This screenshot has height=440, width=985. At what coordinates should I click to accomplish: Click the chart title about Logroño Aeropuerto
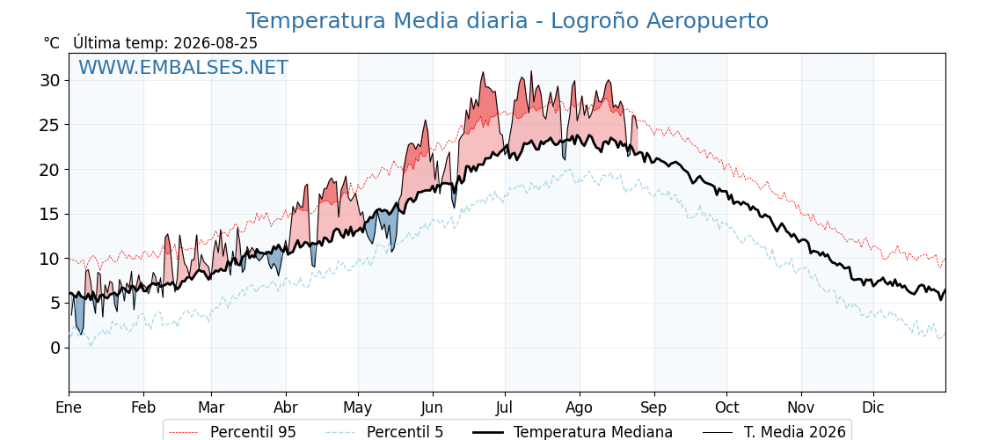pos(507,21)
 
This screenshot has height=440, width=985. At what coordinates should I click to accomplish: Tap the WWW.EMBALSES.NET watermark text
pos(184,67)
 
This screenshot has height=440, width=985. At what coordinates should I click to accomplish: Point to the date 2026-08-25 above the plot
pos(215,43)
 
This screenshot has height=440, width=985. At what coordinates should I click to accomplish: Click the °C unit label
pos(52,43)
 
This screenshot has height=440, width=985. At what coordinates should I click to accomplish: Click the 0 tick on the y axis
pos(56,348)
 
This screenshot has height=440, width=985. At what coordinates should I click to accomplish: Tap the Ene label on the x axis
pos(69,407)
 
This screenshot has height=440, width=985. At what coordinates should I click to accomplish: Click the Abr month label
pos(286,407)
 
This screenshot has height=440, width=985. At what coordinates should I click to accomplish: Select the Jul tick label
pos(505,407)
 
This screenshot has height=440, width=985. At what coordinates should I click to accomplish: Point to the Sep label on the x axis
pos(654,407)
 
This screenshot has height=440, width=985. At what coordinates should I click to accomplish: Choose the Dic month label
pos(873,407)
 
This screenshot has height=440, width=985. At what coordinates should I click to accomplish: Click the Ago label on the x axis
pos(580,407)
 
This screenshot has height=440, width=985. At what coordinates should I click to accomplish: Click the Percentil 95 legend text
pos(253,432)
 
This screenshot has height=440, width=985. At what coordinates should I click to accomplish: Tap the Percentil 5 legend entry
pos(405,432)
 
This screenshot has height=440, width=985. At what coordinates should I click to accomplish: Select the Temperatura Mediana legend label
pos(593,432)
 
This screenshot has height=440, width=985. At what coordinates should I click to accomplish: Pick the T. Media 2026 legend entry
pos(795,432)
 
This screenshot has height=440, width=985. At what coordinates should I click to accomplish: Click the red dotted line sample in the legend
pos(184,432)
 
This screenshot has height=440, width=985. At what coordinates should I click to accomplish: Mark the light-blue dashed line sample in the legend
pos(340,432)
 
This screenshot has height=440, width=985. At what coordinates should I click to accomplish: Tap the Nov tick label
pos(801,407)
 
